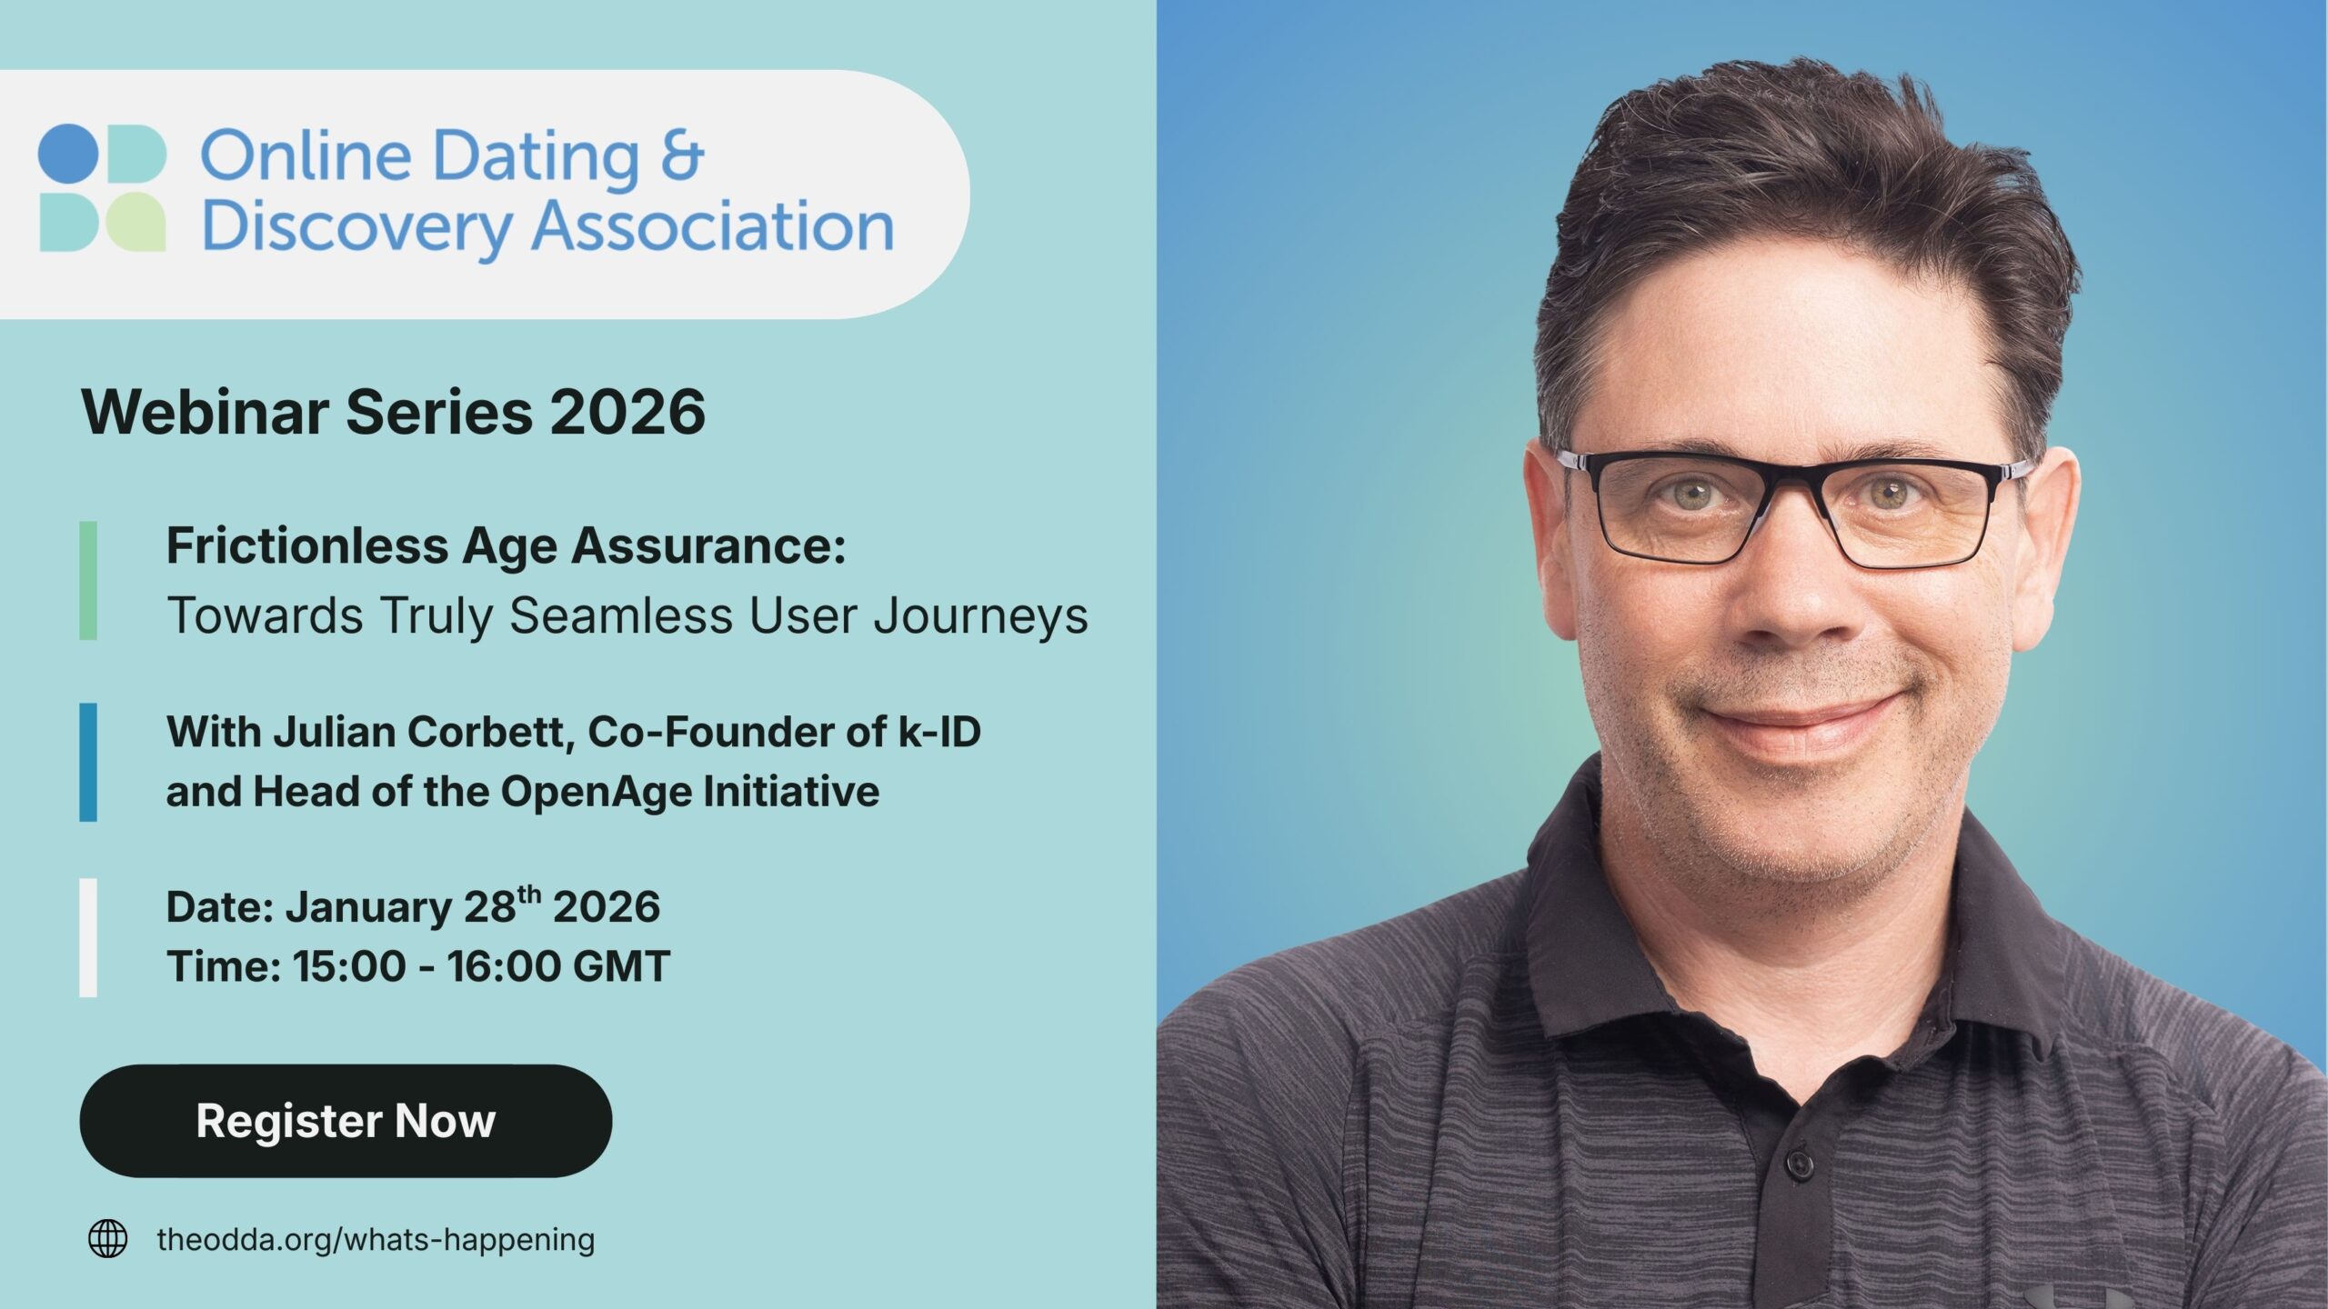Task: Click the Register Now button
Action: click(x=346, y=1121)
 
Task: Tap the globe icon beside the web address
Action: click(x=107, y=1239)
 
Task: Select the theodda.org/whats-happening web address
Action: click(x=376, y=1239)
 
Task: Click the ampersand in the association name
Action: click(x=682, y=156)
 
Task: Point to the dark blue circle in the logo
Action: click(x=68, y=155)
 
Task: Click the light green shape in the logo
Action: click(x=135, y=222)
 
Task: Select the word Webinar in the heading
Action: click(x=205, y=412)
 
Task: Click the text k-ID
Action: click(x=939, y=732)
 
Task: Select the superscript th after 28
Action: click(x=528, y=895)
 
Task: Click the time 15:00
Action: click(x=348, y=965)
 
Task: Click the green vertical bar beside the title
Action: click(x=88, y=580)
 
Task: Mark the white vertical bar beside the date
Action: click(x=88, y=937)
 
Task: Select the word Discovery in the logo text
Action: click(x=356, y=227)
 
